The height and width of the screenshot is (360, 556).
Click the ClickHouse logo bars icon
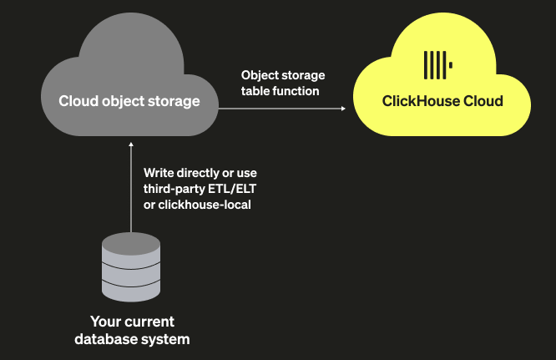pos(437,64)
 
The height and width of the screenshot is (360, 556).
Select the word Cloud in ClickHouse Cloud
pos(482,102)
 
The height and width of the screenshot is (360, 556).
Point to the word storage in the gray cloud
pos(174,102)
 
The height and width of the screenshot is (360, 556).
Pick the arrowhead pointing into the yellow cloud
pos(343,109)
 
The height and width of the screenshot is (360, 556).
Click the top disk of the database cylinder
pos(130,244)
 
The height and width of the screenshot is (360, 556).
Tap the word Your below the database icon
pos(106,322)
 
